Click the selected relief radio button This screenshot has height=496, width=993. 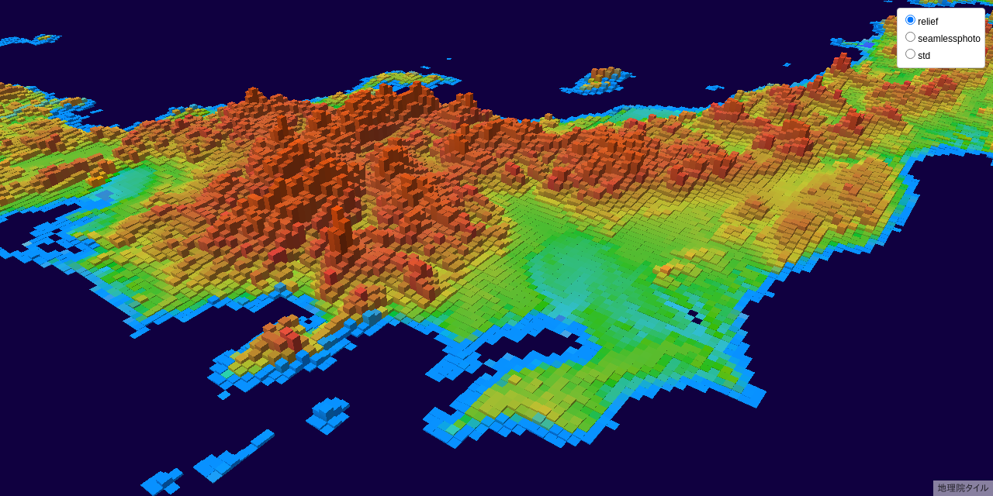[x=911, y=20]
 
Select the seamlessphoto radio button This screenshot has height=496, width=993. [x=911, y=37]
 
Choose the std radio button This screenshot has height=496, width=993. [x=911, y=54]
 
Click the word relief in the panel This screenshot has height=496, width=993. [x=928, y=22]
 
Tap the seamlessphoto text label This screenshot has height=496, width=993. [x=949, y=39]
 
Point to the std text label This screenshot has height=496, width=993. [x=924, y=56]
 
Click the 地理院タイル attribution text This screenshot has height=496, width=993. [x=963, y=488]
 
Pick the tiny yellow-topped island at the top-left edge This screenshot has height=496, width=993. [x=44, y=37]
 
